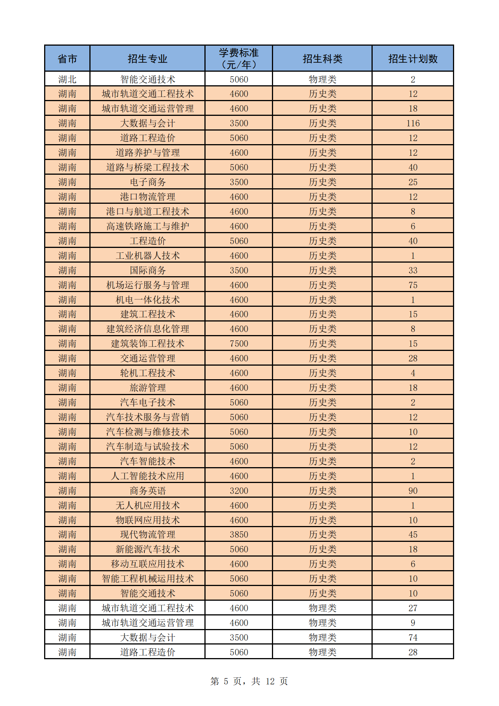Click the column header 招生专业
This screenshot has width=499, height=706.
147,58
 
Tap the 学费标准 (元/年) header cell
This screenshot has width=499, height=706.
239,58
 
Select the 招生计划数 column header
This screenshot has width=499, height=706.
413,58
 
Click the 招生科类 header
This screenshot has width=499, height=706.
322,58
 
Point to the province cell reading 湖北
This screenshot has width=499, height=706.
68,79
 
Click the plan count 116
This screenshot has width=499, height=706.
413,123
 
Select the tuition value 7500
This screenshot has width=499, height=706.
239,344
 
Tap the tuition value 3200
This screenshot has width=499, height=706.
239,491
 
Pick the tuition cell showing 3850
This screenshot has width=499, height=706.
239,535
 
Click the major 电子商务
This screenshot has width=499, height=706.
147,182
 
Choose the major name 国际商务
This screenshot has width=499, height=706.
147,270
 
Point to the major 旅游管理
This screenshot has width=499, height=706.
147,388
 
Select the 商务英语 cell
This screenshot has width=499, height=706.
147,491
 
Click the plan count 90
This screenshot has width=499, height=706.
413,491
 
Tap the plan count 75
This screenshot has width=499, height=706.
413,285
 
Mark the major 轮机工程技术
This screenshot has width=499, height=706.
147,373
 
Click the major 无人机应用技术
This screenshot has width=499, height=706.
147,505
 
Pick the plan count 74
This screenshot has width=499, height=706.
413,638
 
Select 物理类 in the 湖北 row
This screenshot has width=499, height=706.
322,79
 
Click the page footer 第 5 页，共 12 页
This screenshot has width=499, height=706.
249,681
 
